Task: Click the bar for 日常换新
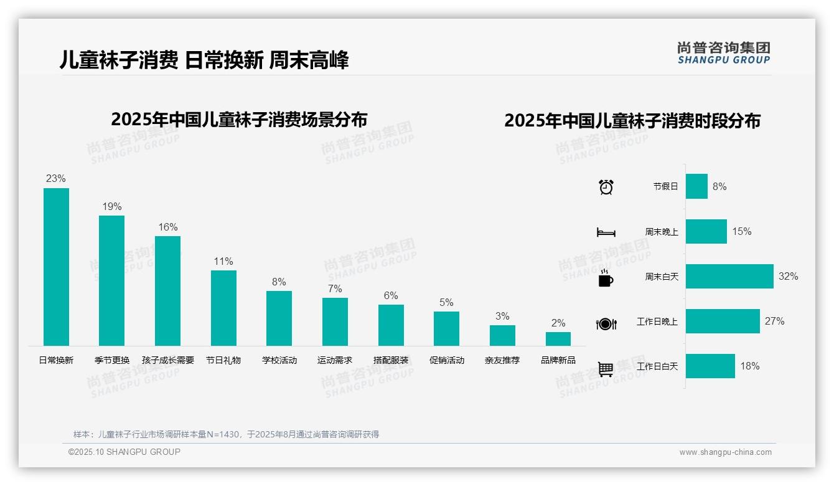click(x=56, y=267)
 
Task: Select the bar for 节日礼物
click(x=223, y=308)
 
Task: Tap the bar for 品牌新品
click(x=558, y=339)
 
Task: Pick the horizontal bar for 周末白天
click(x=729, y=276)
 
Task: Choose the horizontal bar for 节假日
click(x=696, y=186)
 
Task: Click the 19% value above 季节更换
click(x=112, y=207)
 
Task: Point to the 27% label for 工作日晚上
click(x=774, y=322)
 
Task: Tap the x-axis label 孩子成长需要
click(x=168, y=360)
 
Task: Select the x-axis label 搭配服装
click(x=391, y=360)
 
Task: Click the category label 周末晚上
click(x=661, y=232)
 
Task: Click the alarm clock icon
click(x=606, y=187)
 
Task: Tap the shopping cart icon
click(x=606, y=369)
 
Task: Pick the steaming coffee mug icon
click(x=606, y=279)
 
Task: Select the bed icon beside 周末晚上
click(x=606, y=232)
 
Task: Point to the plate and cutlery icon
click(x=606, y=324)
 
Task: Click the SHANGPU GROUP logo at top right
click(x=724, y=53)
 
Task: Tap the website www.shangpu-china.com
click(x=725, y=452)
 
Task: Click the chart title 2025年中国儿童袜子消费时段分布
click(x=632, y=121)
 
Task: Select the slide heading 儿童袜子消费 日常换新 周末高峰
click(x=204, y=60)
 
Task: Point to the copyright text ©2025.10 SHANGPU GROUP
click(x=124, y=452)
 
